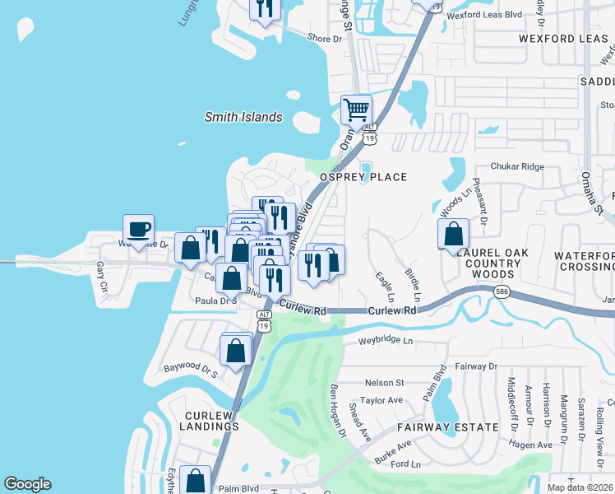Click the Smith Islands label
point(243,117)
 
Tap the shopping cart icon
point(356,110)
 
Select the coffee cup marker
point(138,229)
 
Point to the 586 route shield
point(501,291)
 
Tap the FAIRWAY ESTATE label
point(447,427)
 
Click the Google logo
point(27,484)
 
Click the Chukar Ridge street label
point(517,166)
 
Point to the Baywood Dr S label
point(190,370)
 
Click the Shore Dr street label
point(324,38)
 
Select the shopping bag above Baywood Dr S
point(236,350)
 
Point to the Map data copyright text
point(580,487)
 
